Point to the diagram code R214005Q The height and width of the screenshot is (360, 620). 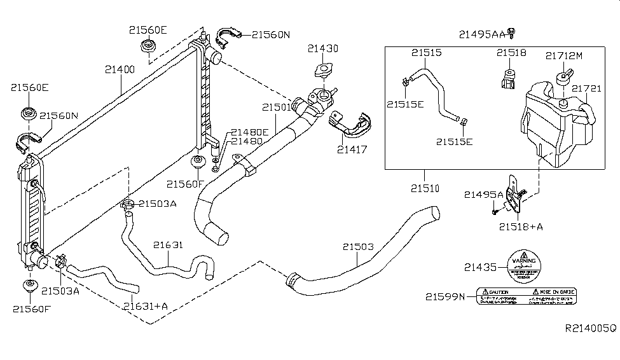pyautogui.click(x=591, y=328)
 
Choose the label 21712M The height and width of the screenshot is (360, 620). pyautogui.click(x=563, y=56)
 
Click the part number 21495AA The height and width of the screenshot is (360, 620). pyautogui.click(x=481, y=32)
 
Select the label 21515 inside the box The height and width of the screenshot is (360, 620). pyautogui.click(x=425, y=53)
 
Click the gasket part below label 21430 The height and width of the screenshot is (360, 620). pyautogui.click(x=324, y=71)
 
